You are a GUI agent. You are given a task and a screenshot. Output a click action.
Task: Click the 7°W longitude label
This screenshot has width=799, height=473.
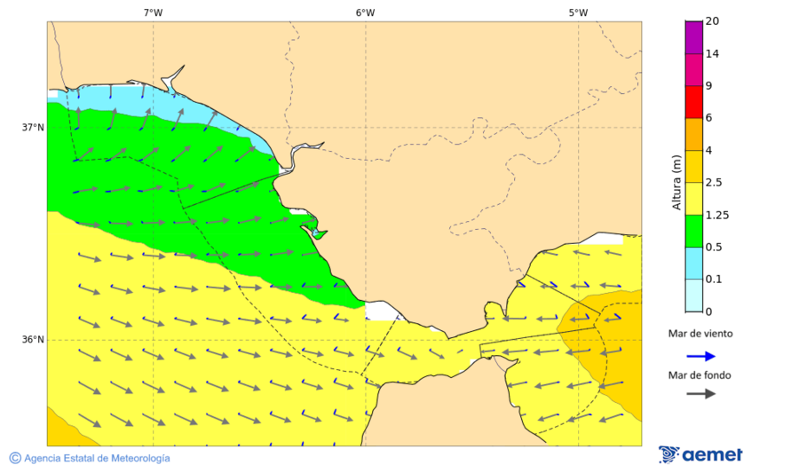[x=153, y=12]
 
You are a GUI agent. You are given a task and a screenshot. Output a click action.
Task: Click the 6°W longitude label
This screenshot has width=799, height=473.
[x=365, y=12]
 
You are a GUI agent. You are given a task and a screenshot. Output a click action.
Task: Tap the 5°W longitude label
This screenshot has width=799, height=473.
[x=578, y=12]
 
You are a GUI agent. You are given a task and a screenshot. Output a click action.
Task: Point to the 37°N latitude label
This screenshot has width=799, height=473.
[x=33, y=127]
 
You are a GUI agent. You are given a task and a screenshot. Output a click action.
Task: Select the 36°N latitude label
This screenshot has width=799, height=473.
[x=33, y=339]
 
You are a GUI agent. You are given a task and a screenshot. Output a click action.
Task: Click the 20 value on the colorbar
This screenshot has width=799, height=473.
[x=711, y=21]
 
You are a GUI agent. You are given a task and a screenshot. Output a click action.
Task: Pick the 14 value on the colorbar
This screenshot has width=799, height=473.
[x=711, y=53]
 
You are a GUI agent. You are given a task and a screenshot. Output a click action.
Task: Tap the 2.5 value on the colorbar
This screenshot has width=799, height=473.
[x=714, y=182]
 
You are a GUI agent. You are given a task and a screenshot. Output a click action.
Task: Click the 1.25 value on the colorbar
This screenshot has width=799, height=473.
[x=716, y=215]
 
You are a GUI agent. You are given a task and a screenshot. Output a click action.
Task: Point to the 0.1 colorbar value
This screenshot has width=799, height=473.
[x=714, y=279]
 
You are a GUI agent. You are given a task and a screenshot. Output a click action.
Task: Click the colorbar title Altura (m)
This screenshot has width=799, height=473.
[x=676, y=182]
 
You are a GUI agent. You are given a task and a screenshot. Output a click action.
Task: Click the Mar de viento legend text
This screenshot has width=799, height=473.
[x=700, y=334]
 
